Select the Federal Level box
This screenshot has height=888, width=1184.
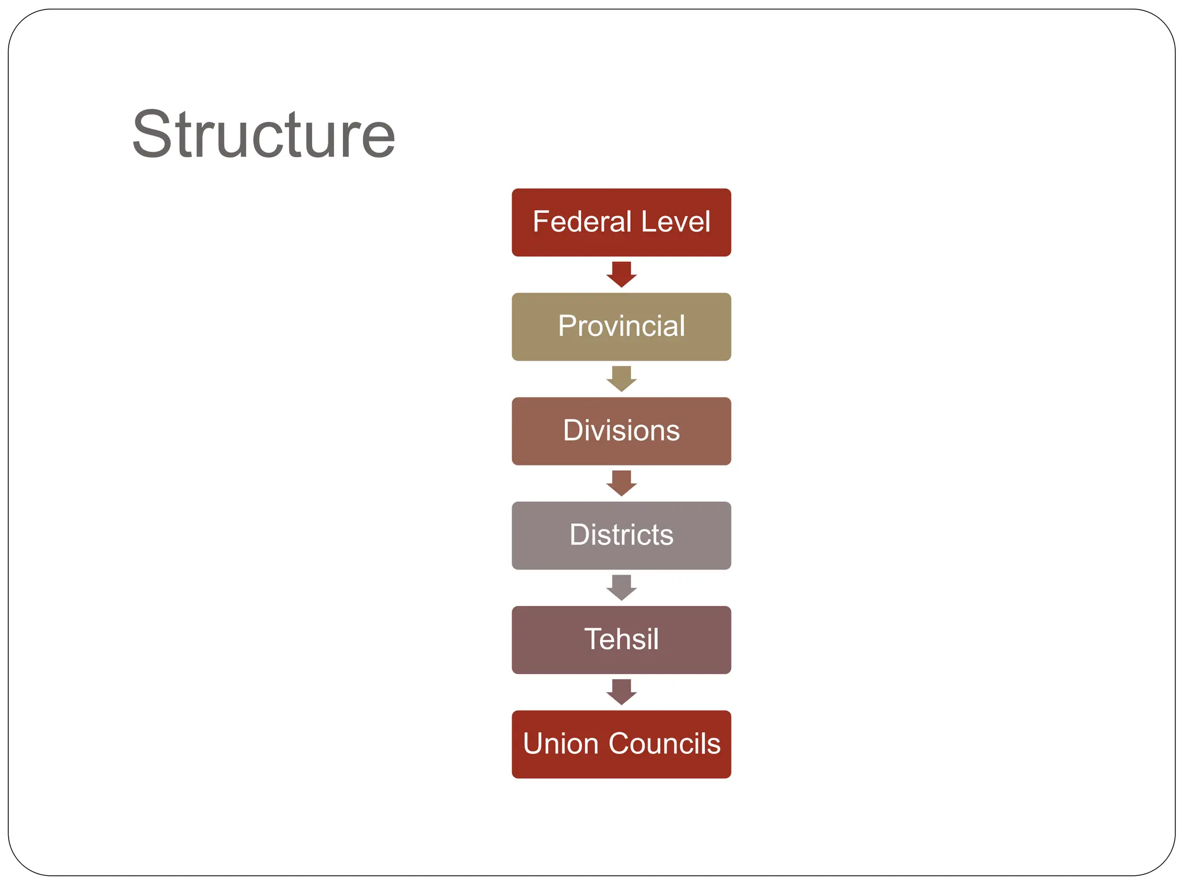[x=621, y=223]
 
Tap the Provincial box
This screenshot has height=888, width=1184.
[x=621, y=327]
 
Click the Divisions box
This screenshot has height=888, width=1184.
[x=621, y=431]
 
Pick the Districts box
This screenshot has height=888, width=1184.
[x=621, y=535]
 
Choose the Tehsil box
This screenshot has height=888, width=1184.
[x=621, y=639]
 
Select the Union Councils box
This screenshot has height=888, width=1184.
[x=621, y=744]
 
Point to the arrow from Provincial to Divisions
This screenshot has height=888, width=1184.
[x=621, y=379]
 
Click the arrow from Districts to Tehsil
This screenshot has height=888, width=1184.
[x=621, y=587]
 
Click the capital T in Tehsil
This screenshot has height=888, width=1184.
[x=594, y=639]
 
